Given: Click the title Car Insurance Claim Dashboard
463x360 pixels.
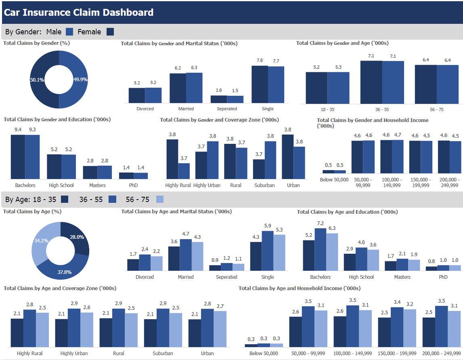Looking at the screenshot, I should pyautogui.click(x=79, y=12).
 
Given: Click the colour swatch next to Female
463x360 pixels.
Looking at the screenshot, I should pyautogui.click(x=110, y=32).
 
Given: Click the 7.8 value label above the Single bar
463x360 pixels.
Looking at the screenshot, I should pyautogui.click(x=260, y=61).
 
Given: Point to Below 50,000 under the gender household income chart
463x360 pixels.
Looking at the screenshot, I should pyautogui.click(x=334, y=179).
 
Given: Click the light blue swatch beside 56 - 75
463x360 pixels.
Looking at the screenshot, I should pyautogui.click(x=160, y=199).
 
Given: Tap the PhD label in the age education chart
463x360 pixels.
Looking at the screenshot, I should pyautogui.click(x=443, y=277).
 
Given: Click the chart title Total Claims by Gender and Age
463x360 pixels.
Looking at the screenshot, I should pyautogui.click(x=342, y=43).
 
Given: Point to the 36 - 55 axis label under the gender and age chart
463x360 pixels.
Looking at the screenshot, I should pyautogui.click(x=382, y=109).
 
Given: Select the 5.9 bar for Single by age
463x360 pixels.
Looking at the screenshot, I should pyautogui.click(x=268, y=251).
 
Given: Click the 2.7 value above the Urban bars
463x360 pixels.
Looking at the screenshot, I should pyautogui.click(x=220, y=307).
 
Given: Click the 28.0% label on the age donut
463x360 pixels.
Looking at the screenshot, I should pyautogui.click(x=77, y=237).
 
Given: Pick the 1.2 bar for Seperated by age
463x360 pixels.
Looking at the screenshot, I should pyautogui.click(x=227, y=267).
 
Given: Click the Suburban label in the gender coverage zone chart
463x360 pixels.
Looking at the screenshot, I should pyautogui.click(x=264, y=185).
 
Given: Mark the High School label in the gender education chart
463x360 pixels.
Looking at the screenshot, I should pyautogui.click(x=61, y=185).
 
